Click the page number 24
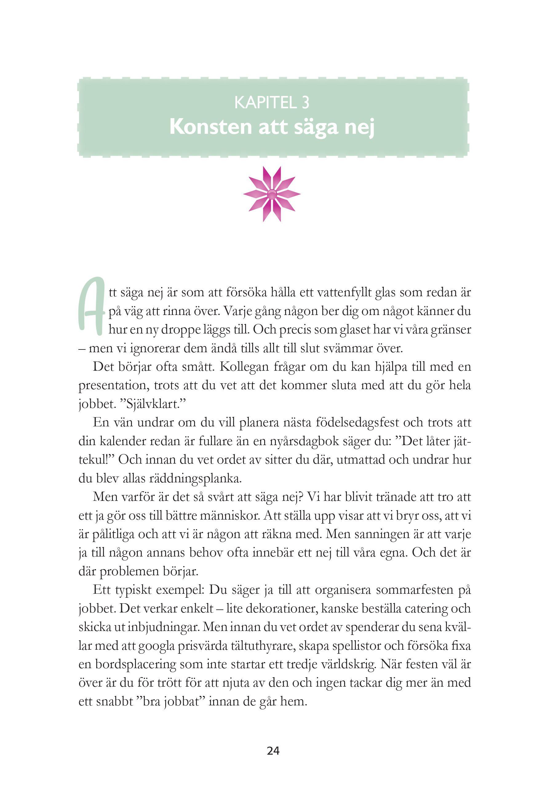click(273, 751)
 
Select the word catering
click(422, 609)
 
